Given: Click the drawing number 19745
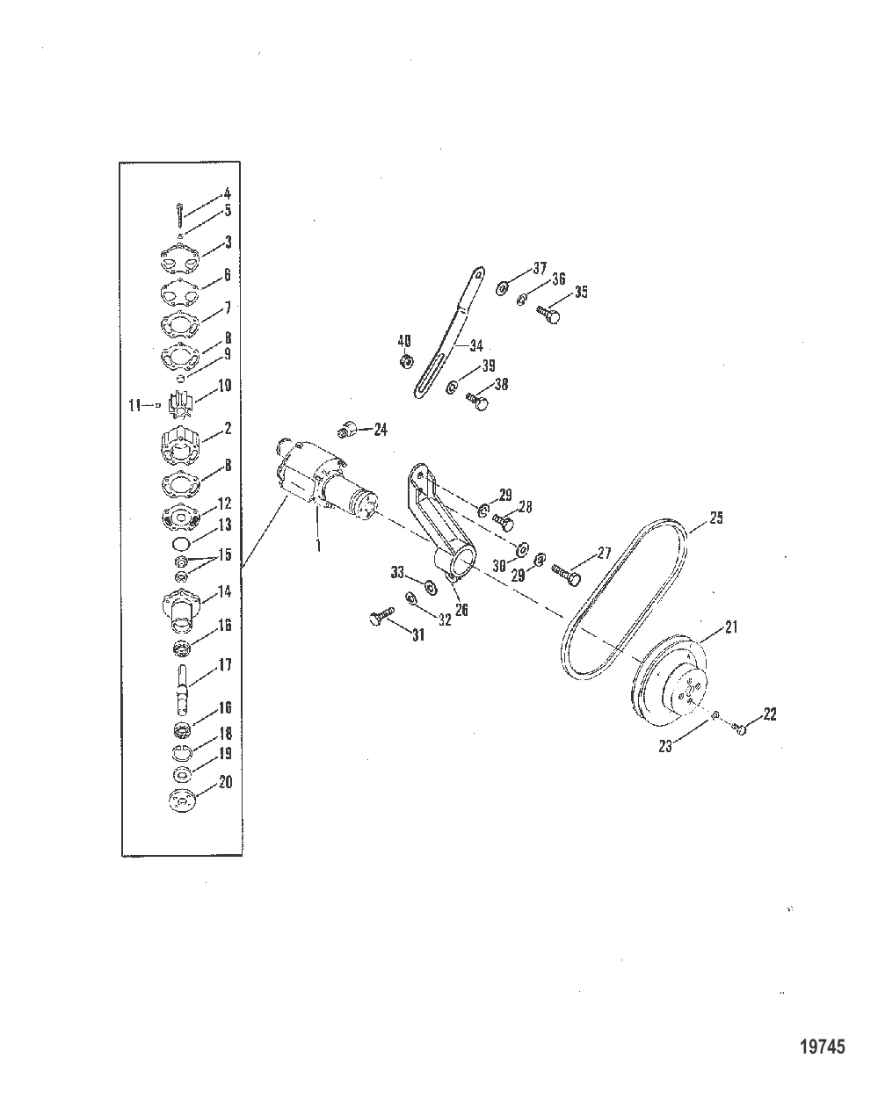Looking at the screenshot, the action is click(823, 1043).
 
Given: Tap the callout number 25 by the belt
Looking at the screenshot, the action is click(715, 518).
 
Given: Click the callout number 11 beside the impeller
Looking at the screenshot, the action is click(134, 406).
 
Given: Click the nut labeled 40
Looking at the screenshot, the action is click(406, 361).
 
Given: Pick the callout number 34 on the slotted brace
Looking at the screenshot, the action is click(476, 345).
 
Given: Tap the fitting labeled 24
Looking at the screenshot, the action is click(348, 428).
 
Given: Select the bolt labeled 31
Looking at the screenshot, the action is click(381, 615).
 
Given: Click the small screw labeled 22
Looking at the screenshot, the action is click(740, 728).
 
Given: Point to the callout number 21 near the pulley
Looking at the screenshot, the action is click(731, 627).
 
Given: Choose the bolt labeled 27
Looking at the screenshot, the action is click(566, 574).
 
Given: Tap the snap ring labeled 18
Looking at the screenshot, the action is click(181, 753).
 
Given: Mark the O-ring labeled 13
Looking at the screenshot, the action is click(181, 543).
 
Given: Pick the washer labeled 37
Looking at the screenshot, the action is click(502, 288).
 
